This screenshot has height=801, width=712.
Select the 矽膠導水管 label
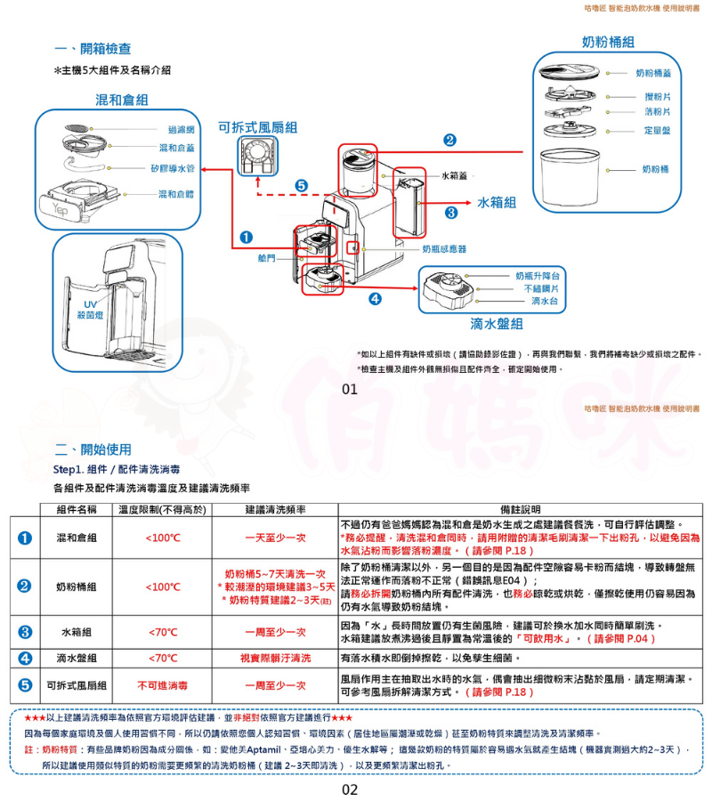[174, 166]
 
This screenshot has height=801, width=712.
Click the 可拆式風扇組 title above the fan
[258, 127]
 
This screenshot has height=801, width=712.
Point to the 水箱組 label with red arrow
[497, 202]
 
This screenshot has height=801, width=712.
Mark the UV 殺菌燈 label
[90, 310]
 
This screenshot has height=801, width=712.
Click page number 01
[349, 389]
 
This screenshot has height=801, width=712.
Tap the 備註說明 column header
[514, 510]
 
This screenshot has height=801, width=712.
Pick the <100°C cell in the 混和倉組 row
[163, 538]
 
